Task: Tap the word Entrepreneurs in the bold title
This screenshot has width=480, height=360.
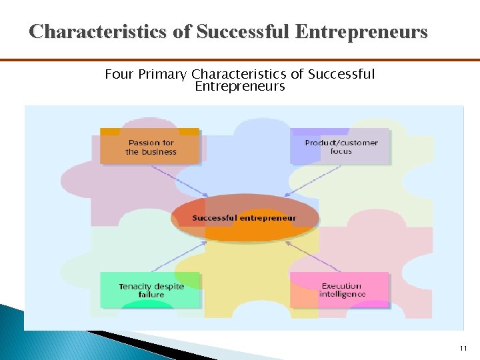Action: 359,31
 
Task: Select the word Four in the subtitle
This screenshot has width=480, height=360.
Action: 119,74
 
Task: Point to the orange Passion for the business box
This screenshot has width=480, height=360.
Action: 150,147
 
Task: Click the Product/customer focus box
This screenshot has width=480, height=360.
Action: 340,147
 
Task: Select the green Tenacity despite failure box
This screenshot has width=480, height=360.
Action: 150,290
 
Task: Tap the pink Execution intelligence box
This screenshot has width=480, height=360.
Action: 340,290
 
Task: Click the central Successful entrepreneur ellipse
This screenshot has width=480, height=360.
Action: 244,218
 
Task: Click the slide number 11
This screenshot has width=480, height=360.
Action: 463,349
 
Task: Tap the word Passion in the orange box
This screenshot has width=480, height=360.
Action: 143,143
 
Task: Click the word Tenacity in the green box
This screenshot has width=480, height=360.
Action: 136,287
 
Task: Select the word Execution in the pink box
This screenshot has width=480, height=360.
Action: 341,286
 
